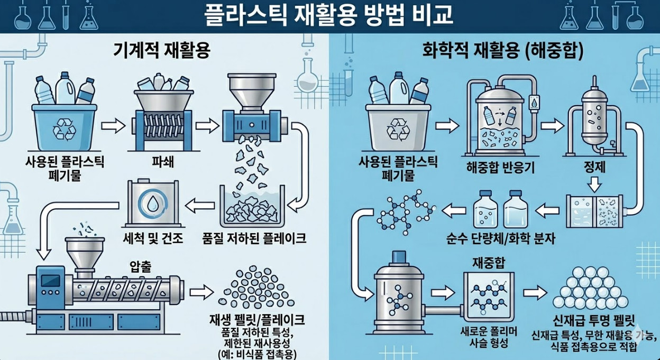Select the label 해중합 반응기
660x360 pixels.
tap(501, 168)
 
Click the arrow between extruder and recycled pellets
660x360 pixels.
tap(201, 291)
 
